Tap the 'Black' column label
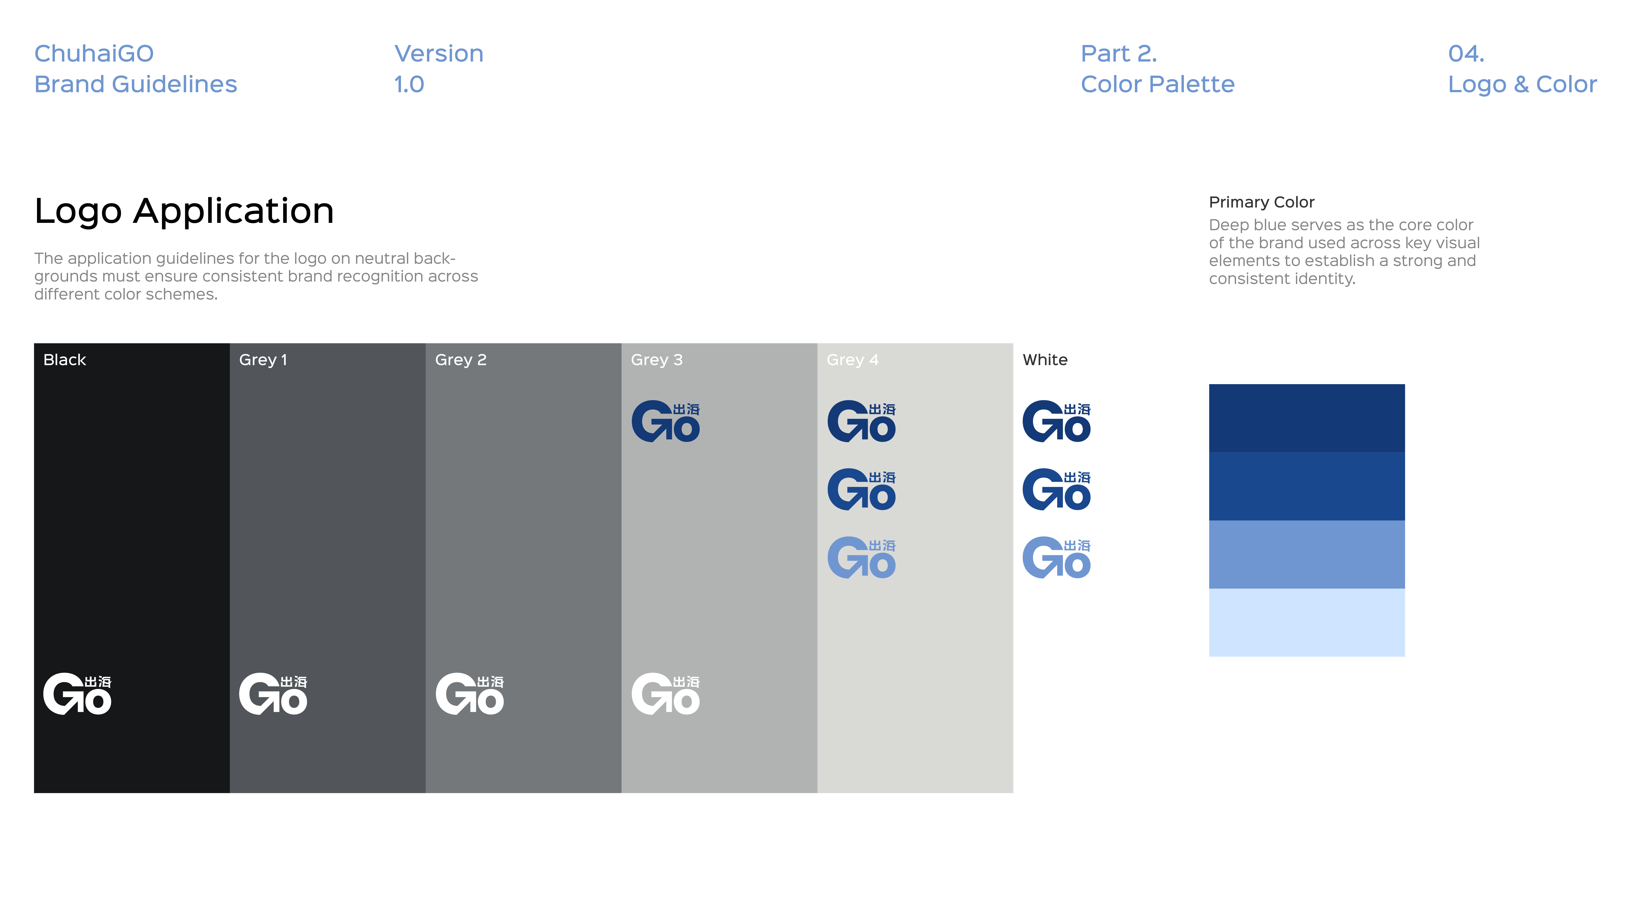(x=65, y=360)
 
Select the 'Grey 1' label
(x=263, y=360)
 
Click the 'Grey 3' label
(x=656, y=360)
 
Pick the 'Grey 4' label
(x=852, y=360)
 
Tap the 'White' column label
(x=1045, y=360)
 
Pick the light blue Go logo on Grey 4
(x=861, y=558)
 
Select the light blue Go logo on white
(x=1056, y=558)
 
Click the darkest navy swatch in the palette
(x=1306, y=418)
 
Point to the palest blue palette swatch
(x=1306, y=622)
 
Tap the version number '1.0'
(x=409, y=84)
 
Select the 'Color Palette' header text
(x=1157, y=84)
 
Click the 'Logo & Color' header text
(x=1522, y=84)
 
